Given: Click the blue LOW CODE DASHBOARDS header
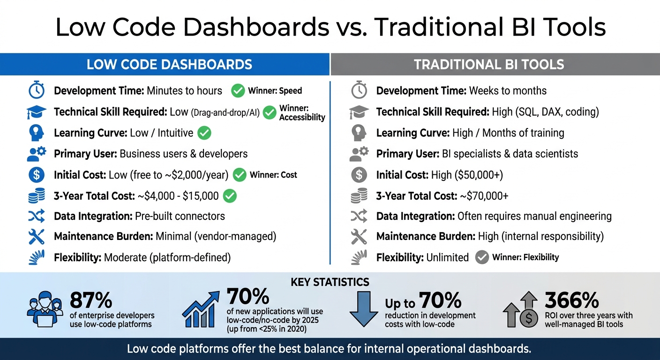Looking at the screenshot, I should (x=169, y=64).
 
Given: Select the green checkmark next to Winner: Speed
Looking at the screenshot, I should (x=238, y=91).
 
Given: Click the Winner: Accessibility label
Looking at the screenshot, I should (x=302, y=112).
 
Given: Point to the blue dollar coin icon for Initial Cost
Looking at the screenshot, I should (x=37, y=175).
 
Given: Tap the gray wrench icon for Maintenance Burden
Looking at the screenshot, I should (x=359, y=237).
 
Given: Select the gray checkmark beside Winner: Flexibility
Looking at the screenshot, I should (x=481, y=257).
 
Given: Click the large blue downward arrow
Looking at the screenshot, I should (x=364, y=308).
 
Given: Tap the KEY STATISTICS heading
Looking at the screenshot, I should (x=330, y=282).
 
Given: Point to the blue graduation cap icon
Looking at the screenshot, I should (x=37, y=112).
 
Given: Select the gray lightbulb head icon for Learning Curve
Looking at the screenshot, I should (x=359, y=133).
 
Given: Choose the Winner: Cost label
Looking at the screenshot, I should (x=273, y=175).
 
